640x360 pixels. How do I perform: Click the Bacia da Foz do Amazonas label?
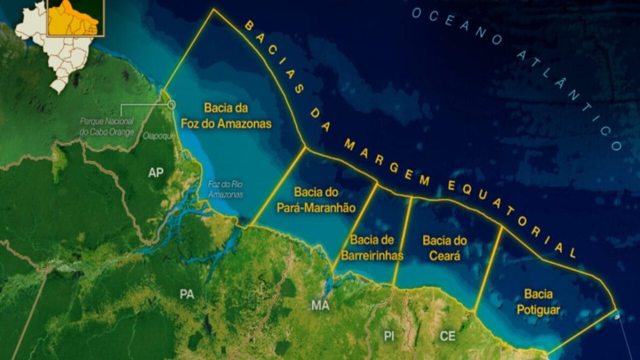pos(237,116)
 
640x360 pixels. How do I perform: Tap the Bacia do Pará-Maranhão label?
pos(316,200)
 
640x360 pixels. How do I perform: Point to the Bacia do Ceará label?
pos(444,248)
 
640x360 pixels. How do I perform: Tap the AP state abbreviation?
pos(156,172)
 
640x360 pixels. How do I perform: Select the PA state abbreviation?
pos(187,294)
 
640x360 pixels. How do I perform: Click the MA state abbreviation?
pos(320,306)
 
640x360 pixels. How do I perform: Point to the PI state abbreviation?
pos(389,336)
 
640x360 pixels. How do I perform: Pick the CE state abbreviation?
pos(447,336)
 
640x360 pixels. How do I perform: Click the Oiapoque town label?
pos(159,137)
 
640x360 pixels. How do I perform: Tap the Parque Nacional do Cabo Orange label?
pos(106,127)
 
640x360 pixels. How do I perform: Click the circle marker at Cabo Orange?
pos(172,104)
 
